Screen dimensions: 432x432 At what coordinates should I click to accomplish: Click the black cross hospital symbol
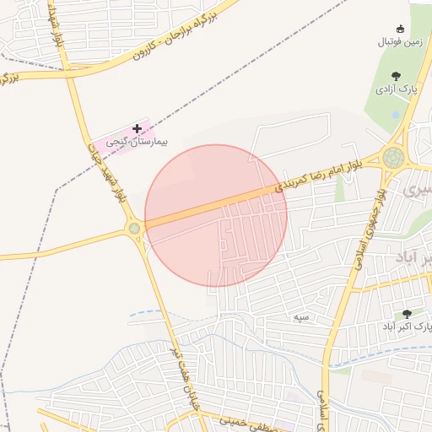137,129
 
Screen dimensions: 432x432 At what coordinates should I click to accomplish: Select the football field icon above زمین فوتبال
400,29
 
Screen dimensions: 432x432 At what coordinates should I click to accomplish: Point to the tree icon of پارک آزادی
397,76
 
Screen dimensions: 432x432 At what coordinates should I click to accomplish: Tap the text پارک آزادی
397,89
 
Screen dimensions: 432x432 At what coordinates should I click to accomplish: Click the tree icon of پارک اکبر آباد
408,313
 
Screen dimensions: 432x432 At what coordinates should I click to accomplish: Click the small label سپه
301,317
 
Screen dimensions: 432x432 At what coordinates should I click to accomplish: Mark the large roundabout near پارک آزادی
392,157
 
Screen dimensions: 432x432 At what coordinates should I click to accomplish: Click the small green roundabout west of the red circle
133,228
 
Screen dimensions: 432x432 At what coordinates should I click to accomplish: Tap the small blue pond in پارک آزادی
395,113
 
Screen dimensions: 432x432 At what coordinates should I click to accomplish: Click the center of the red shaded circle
216,215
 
